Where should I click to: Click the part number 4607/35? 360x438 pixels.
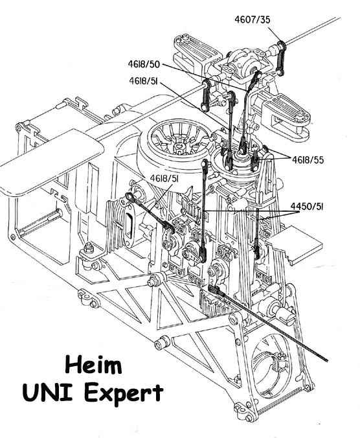click(x=253, y=19)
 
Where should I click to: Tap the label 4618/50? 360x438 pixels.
click(x=144, y=64)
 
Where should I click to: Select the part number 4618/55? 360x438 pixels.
click(x=308, y=160)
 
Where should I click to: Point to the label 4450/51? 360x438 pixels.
click(x=307, y=207)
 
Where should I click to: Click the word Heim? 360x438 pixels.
click(x=93, y=365)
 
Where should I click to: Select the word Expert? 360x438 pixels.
click(x=124, y=394)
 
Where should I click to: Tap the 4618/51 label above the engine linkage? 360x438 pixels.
click(x=164, y=178)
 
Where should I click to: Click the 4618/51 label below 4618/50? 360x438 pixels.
click(x=143, y=81)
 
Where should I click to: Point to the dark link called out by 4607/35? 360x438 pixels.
click(x=281, y=58)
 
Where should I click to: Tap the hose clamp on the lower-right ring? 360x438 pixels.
click(x=276, y=359)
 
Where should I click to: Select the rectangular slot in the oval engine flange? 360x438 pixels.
click(x=129, y=224)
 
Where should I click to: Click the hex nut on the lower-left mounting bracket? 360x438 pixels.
click(x=89, y=248)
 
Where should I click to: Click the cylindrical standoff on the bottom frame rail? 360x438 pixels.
click(x=162, y=343)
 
